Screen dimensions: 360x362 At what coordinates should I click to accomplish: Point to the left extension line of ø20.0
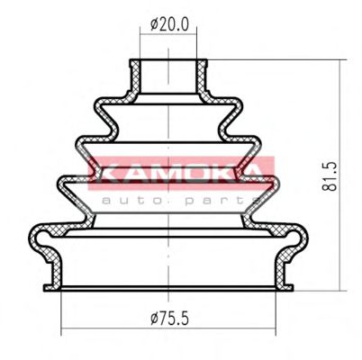tap(140, 40)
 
